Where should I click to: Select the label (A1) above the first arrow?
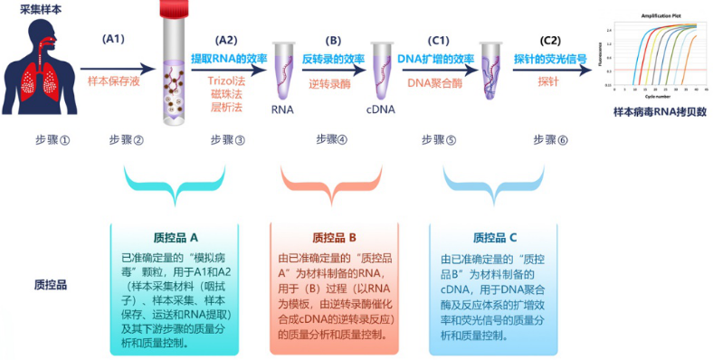(x=115, y=40)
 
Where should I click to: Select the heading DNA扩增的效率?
(x=437, y=59)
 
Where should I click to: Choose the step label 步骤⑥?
(x=551, y=140)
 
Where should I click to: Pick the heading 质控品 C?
(x=494, y=238)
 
